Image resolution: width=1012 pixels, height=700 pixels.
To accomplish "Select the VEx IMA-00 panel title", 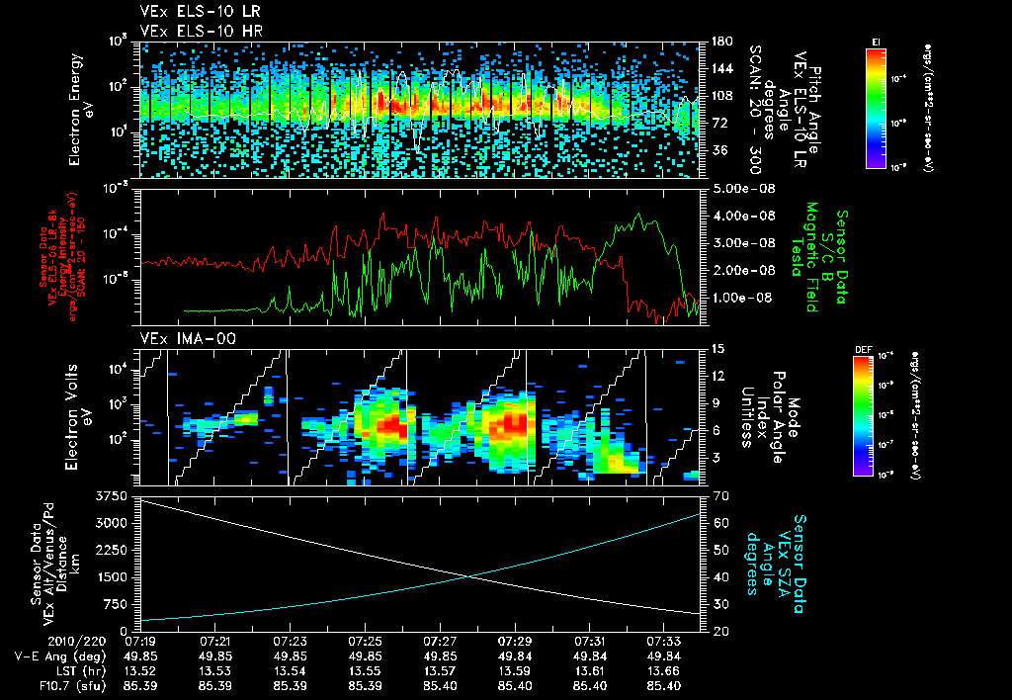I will tap(179, 338).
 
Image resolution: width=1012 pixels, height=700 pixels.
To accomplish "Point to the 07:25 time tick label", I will tap(366, 641).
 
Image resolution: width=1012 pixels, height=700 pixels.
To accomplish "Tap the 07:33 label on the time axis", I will tap(665, 641).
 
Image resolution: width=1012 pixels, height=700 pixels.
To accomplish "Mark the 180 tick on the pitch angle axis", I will tap(719, 42).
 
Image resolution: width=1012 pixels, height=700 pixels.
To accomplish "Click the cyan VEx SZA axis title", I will tap(787, 556).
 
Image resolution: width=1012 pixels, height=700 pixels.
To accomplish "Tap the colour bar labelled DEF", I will tap(868, 416).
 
